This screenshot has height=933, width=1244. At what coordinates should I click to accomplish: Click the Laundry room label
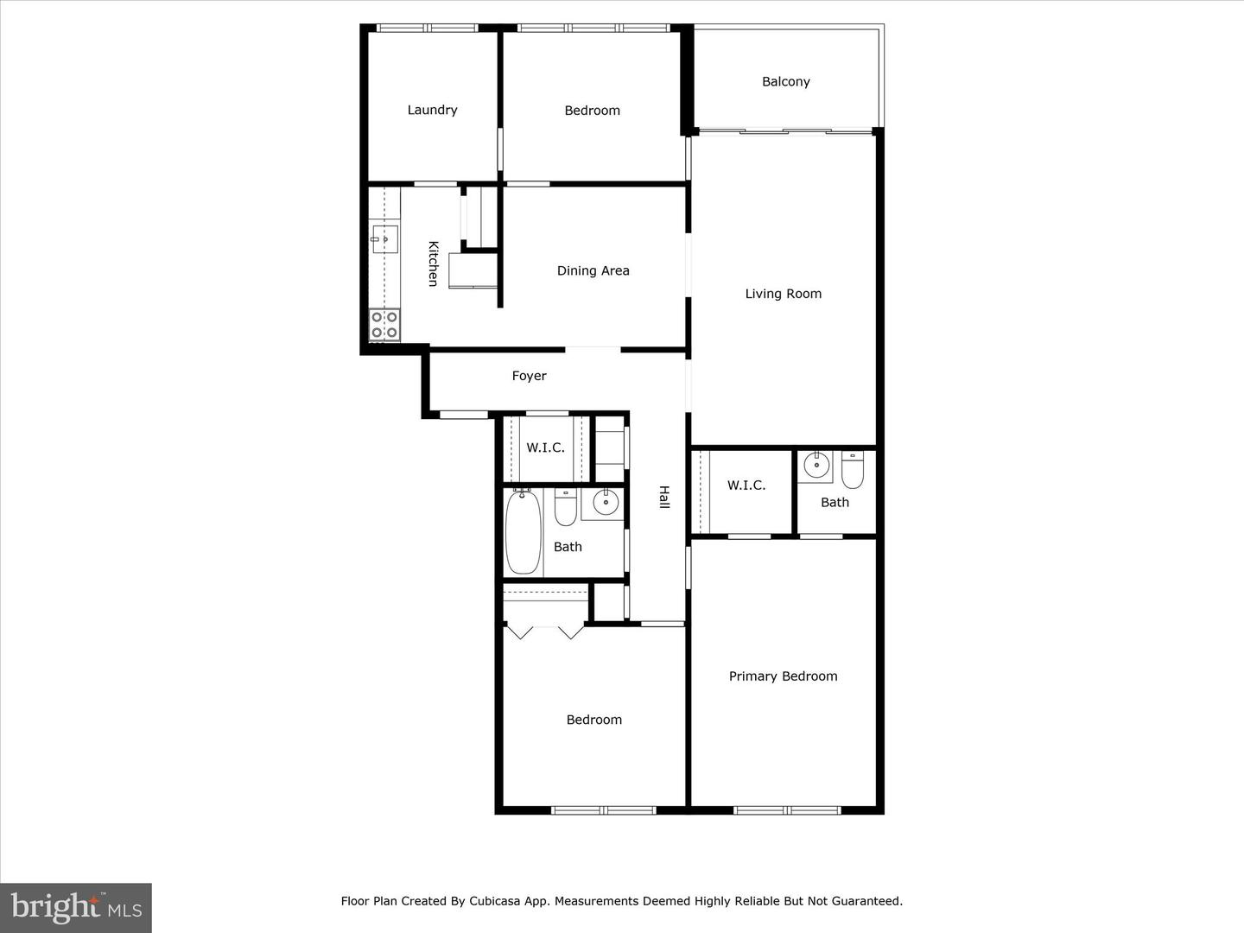click(x=432, y=110)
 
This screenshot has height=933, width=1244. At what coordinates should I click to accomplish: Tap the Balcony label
click(x=785, y=81)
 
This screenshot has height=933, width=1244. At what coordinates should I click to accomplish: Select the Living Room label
click(x=783, y=294)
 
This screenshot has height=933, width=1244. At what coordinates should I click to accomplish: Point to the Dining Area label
click(x=593, y=270)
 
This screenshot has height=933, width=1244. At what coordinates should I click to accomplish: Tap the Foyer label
click(x=529, y=376)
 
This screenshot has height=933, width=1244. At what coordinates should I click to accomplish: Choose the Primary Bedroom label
click(x=783, y=676)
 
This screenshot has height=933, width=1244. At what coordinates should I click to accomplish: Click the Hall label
click(x=664, y=497)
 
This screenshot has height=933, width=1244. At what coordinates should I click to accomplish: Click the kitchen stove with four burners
click(x=384, y=325)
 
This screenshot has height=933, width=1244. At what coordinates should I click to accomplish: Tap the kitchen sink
click(x=385, y=238)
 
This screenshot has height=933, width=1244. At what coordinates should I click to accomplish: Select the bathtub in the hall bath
click(x=523, y=531)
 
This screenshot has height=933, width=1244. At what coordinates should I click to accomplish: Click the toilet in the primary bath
click(x=853, y=469)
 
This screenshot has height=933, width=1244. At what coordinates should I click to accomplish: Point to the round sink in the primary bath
click(x=816, y=466)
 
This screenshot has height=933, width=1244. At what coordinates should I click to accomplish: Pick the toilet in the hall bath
click(x=565, y=508)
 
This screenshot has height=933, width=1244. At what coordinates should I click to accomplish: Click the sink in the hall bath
click(x=605, y=502)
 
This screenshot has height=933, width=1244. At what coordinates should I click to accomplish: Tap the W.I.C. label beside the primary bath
click(x=746, y=486)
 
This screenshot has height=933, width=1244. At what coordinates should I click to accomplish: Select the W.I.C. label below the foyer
click(x=545, y=447)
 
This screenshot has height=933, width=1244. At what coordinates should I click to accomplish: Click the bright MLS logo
click(x=76, y=907)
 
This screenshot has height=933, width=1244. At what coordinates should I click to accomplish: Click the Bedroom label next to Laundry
click(x=592, y=111)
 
